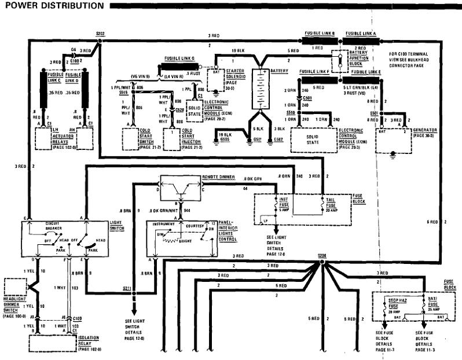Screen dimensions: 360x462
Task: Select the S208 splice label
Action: [322, 256]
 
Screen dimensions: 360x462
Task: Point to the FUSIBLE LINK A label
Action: [361, 33]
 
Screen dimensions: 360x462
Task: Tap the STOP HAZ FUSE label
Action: [395, 302]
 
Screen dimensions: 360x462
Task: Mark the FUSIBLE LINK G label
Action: [180, 58]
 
